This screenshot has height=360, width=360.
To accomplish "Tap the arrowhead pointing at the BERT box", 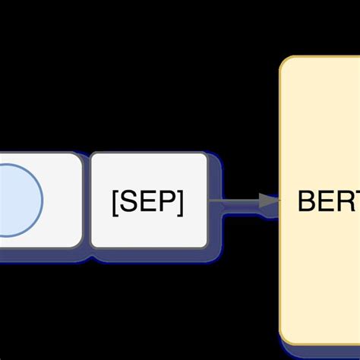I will coord(269,201).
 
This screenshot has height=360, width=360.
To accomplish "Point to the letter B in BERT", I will coord(307,201).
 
